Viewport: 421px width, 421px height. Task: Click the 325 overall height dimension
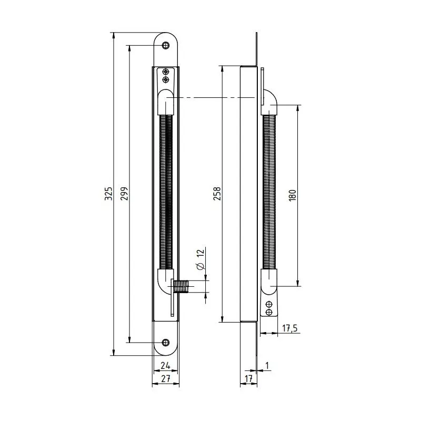click(108, 194)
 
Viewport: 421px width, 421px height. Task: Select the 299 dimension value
click(124, 194)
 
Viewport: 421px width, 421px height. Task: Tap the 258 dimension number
click(217, 194)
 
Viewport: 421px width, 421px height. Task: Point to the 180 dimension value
click(293, 195)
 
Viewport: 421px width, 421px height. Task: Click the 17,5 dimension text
click(290, 328)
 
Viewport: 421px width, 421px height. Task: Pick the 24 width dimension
click(165, 365)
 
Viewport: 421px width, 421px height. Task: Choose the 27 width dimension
click(166, 378)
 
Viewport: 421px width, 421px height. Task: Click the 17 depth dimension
click(248, 378)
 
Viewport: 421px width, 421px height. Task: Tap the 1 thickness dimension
click(267, 365)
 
